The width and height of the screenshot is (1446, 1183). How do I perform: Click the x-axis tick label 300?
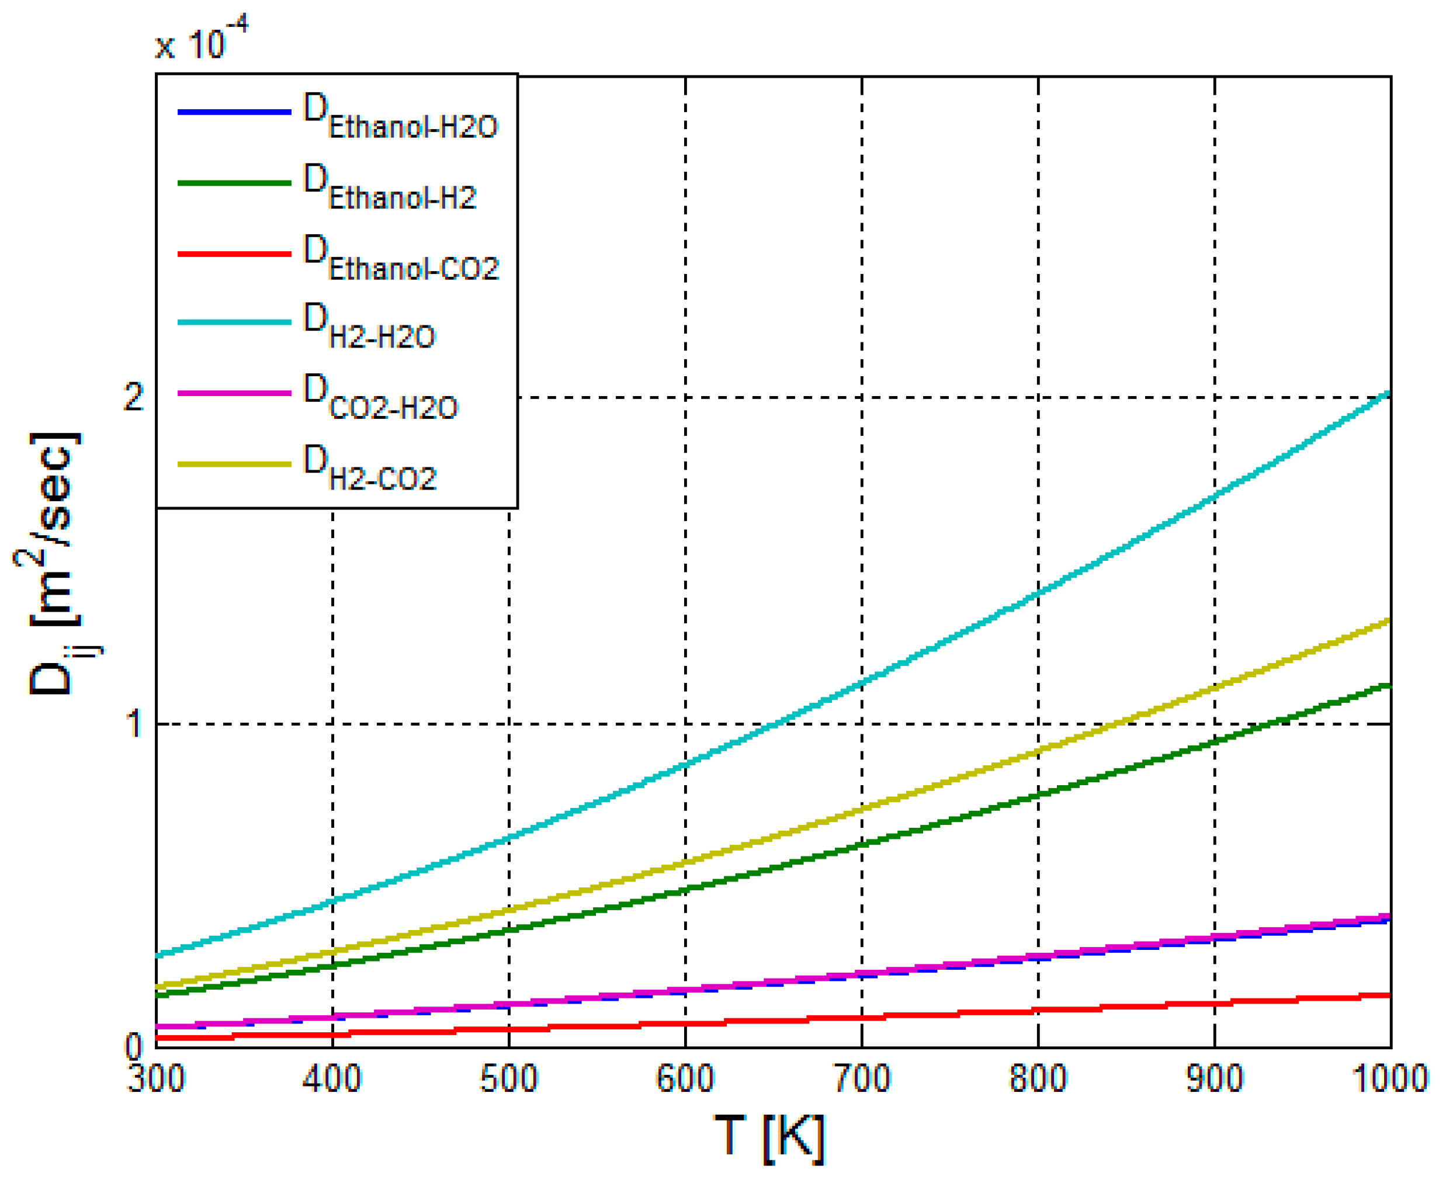[x=156, y=1079]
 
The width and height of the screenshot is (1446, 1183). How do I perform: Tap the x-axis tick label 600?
[x=685, y=1079]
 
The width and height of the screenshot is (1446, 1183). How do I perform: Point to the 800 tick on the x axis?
[x=1038, y=1079]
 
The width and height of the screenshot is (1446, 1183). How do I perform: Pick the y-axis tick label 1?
[x=135, y=723]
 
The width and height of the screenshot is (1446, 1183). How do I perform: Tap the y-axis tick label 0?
[x=134, y=1046]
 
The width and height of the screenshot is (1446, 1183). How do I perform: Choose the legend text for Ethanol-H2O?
[x=401, y=117]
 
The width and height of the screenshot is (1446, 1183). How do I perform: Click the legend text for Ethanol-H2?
[x=390, y=188]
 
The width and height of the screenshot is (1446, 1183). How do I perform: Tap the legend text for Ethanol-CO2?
[x=401, y=259]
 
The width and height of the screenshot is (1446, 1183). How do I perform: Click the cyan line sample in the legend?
[x=234, y=322]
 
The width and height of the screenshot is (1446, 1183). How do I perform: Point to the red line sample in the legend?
[x=234, y=254]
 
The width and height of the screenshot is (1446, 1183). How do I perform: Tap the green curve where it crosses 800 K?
[x=1038, y=795]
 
